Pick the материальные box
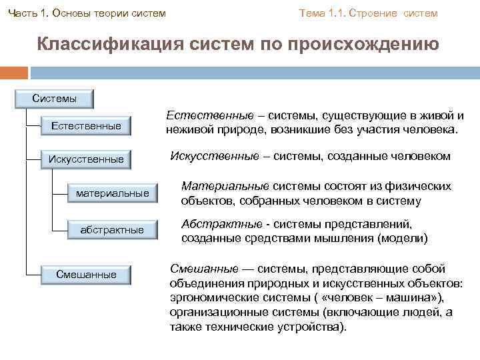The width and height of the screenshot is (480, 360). pyautogui.click(x=112, y=193)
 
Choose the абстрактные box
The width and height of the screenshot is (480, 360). pyautogui.click(x=112, y=229)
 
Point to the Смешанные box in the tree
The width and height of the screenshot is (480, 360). pyautogui.click(x=86, y=274)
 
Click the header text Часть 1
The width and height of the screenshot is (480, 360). pyautogui.click(x=26, y=13)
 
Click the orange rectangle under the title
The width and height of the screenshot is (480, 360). pyautogui.click(x=14, y=72)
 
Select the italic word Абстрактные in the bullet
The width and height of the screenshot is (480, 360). pyautogui.click(x=220, y=224)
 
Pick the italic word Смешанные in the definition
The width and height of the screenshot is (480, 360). pyautogui.click(x=204, y=268)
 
